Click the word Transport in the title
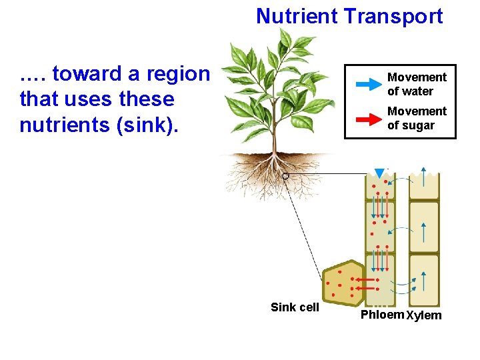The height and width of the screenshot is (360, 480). tap(393, 16)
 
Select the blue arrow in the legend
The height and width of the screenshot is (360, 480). tap(366, 85)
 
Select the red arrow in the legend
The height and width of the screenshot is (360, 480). tap(366, 119)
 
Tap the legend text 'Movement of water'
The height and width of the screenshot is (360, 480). tap(417, 85)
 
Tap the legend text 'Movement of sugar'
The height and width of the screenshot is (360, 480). tap(417, 118)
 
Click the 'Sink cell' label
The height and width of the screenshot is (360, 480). tap(295, 307)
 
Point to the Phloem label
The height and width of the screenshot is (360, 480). tap(382, 315)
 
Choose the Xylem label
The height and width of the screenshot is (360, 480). tap(424, 315)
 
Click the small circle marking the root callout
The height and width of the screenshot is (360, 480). tap(285, 176)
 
